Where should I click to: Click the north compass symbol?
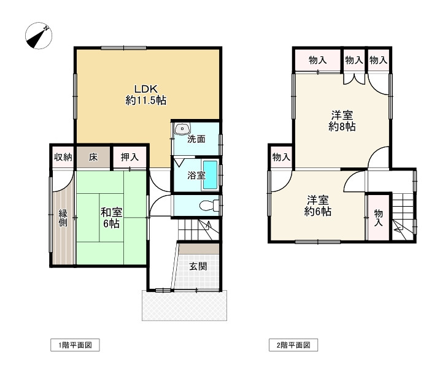tap(39, 36)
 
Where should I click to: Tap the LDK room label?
tap(146, 94)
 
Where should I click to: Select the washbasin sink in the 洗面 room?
tap(182, 129)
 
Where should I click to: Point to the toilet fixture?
tap(209, 205)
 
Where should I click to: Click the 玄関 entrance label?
tap(198, 266)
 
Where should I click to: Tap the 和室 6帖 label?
tap(111, 218)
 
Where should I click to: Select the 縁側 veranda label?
tap(63, 218)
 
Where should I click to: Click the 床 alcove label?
tap(93, 158)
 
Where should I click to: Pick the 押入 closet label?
tap(130, 157)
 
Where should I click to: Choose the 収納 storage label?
tap(63, 157)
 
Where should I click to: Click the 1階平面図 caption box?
tap(75, 345)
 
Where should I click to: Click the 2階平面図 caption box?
tap(293, 345)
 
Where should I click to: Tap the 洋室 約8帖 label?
tap(342, 121)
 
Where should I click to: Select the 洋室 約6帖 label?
tap(318, 206)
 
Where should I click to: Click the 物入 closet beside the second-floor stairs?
tap(378, 218)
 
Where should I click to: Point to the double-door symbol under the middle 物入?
tap(354, 79)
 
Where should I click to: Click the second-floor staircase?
tap(404, 216)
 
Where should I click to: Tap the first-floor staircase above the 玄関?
tap(198, 229)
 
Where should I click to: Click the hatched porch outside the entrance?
tap(184, 305)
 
